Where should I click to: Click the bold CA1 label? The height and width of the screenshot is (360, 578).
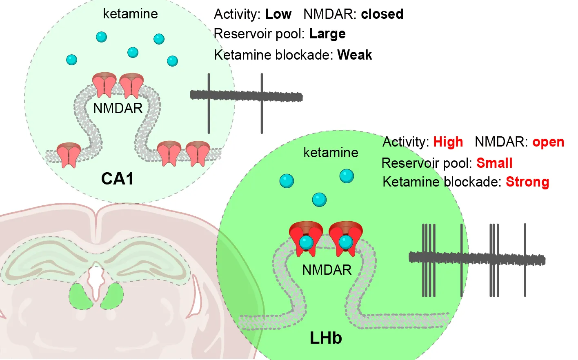[x=117, y=179]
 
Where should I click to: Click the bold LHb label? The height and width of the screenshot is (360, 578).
[x=326, y=338]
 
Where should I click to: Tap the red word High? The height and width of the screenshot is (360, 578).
[x=448, y=142]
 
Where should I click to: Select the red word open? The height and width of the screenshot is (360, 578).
[x=548, y=142]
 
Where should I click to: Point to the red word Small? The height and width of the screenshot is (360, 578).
[x=494, y=163]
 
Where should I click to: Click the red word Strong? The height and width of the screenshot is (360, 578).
[x=527, y=182]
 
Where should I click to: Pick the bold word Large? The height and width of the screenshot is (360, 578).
[x=327, y=33]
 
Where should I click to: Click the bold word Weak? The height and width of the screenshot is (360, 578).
[x=354, y=55]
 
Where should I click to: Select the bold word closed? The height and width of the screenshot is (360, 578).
[x=382, y=14]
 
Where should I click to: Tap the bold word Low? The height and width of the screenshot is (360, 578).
[x=278, y=14]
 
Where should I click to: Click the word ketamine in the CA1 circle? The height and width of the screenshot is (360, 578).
[x=130, y=14]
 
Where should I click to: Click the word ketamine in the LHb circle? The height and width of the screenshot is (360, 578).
[x=331, y=153]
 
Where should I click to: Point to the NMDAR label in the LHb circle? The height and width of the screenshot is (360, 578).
[x=327, y=270]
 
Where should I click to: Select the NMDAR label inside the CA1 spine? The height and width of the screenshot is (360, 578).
[x=118, y=108]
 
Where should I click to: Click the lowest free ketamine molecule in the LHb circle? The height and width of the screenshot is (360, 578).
[x=319, y=200]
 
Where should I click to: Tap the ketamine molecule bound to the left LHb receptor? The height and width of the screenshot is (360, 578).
[x=306, y=242]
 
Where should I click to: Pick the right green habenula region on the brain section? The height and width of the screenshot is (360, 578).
[x=112, y=296]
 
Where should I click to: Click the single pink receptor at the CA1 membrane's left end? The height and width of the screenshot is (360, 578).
[x=69, y=154]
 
